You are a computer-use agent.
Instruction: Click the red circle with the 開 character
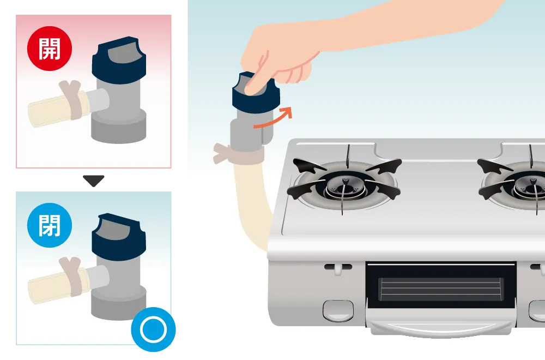pyautogui.click(x=50, y=49)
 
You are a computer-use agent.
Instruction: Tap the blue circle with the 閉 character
pyautogui.click(x=50, y=225)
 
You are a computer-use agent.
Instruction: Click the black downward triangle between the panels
pyautogui.click(x=94, y=180)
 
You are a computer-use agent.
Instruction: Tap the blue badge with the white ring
pyautogui.click(x=153, y=329)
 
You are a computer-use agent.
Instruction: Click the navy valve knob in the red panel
pyautogui.click(x=119, y=61)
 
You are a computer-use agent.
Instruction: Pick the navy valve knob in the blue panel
pyautogui.click(x=119, y=237)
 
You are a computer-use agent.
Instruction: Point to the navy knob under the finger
pyautogui.click(x=256, y=94)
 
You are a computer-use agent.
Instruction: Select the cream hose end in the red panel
pyautogui.click(x=52, y=110)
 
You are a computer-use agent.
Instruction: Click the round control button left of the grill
pyautogui.click(x=338, y=310)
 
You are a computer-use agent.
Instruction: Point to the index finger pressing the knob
pyautogui.click(x=256, y=75)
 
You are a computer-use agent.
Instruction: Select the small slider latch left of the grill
pyautogui.click(x=338, y=268)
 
